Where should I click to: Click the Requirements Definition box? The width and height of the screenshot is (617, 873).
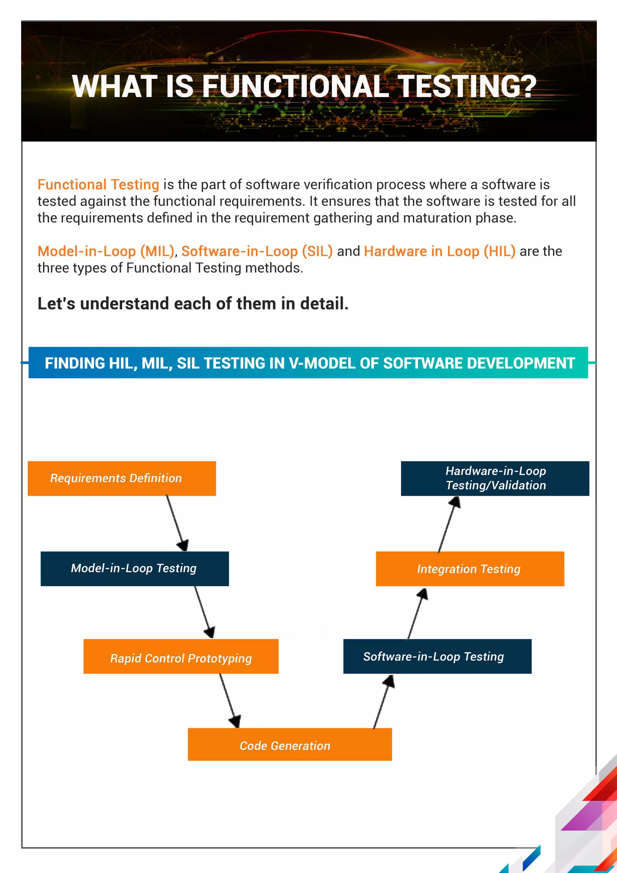(122, 478)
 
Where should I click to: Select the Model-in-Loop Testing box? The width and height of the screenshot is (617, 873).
(135, 568)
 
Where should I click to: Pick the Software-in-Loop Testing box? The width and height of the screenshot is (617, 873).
(437, 656)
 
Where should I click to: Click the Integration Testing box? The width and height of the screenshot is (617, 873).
(470, 568)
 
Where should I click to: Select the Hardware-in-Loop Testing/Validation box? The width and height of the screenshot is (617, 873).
(495, 478)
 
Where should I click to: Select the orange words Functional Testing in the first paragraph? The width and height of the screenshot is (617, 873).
(98, 184)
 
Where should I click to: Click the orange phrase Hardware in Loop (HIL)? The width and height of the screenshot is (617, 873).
(440, 251)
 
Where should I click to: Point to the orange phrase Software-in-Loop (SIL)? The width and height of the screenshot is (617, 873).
(257, 251)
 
